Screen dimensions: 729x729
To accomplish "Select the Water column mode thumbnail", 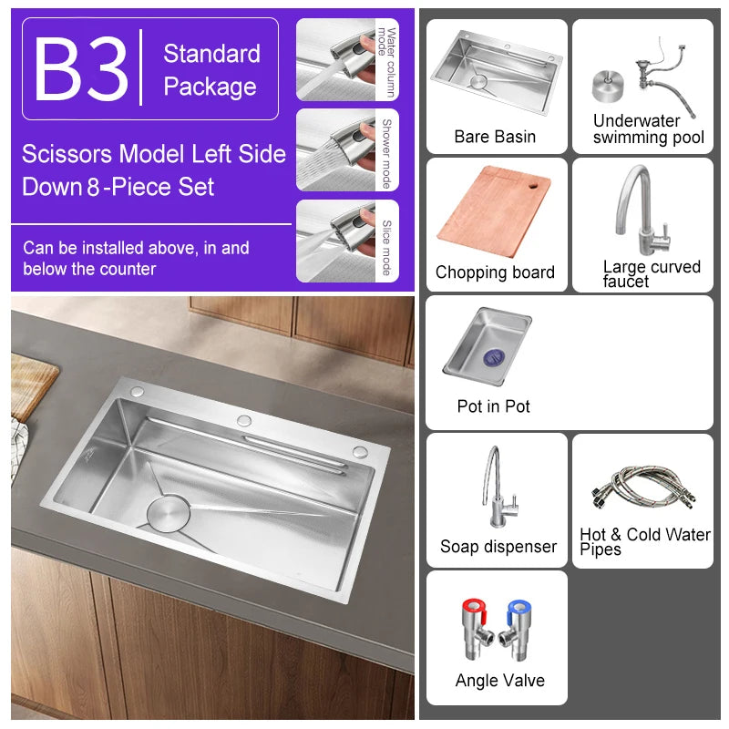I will [x=335, y=59].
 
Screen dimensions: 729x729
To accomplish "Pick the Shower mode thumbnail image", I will [x=335, y=150].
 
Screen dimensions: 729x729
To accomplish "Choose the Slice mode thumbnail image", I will [x=335, y=241].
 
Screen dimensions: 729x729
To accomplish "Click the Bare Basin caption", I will [x=495, y=137].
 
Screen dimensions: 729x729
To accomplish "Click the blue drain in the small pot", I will [x=494, y=357].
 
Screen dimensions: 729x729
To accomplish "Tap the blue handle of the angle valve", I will [x=518, y=609].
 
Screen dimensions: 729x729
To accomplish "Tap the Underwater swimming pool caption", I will [x=649, y=129].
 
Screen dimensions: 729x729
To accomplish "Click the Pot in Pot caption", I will [x=493, y=406].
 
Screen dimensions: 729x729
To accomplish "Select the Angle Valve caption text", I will [x=499, y=681].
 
